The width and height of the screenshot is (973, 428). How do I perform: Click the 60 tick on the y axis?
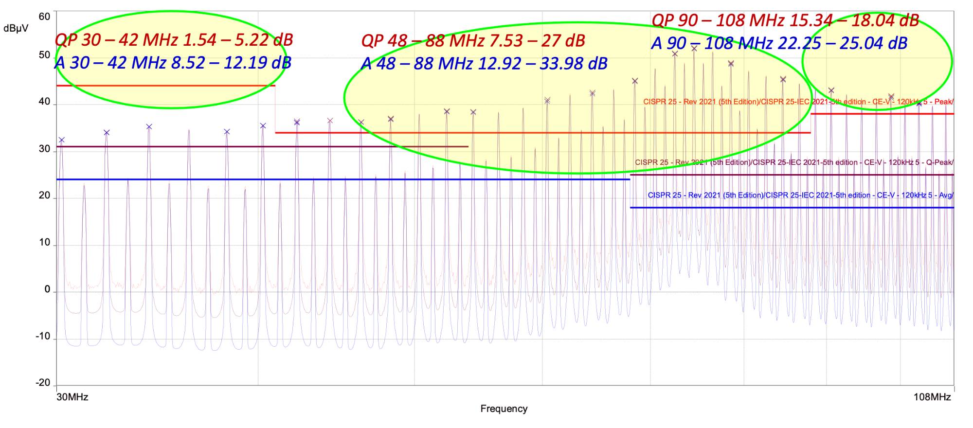[44, 17]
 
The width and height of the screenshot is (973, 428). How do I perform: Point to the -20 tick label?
[43, 383]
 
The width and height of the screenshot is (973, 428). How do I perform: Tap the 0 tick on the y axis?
[47, 289]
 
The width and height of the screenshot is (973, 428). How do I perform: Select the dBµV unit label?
[16, 28]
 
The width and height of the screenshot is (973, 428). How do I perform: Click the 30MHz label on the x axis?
[72, 397]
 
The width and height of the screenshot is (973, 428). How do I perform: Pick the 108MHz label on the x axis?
[932, 397]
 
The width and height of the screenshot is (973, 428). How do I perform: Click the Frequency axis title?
[504, 409]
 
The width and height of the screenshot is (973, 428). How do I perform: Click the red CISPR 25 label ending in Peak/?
[798, 102]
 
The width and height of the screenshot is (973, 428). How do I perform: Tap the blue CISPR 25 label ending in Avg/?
[800, 195]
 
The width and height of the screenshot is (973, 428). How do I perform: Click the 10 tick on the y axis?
[44, 242]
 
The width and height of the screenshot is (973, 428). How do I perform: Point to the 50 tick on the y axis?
[44, 55]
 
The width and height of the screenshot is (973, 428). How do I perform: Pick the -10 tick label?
[43, 336]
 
